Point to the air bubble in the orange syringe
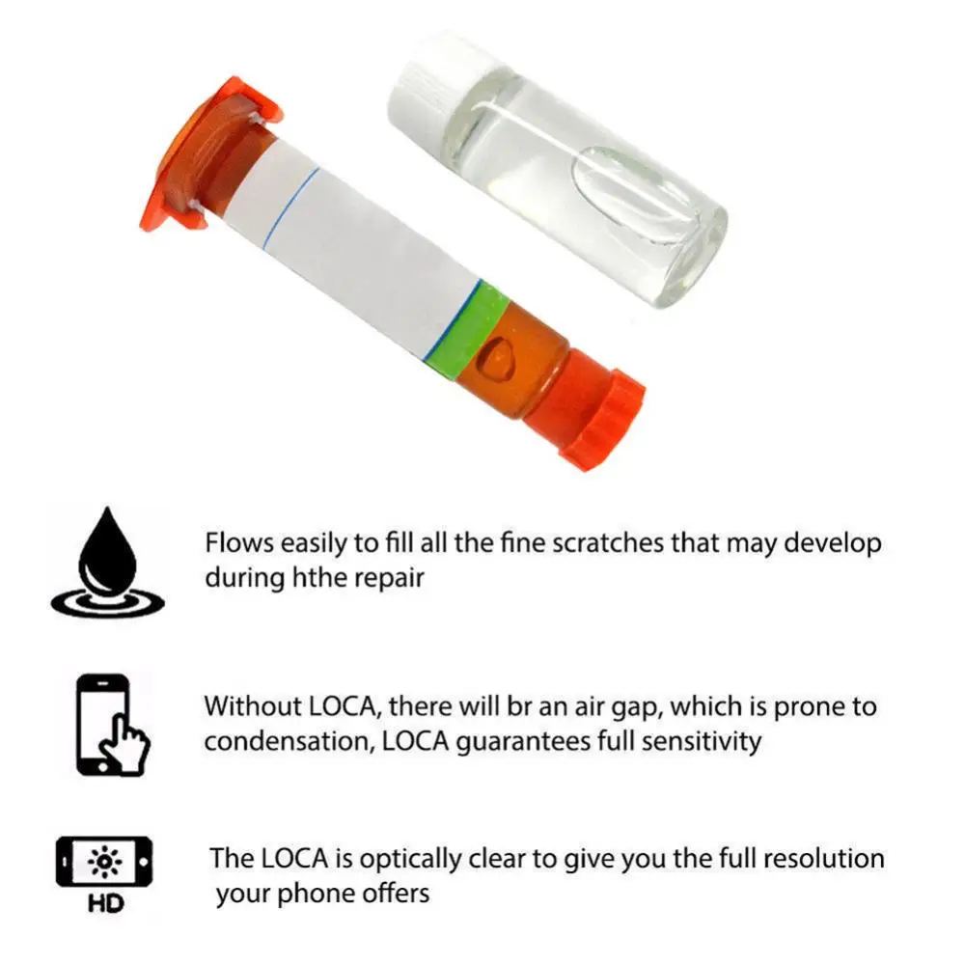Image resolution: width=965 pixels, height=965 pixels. tap(498, 356)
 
